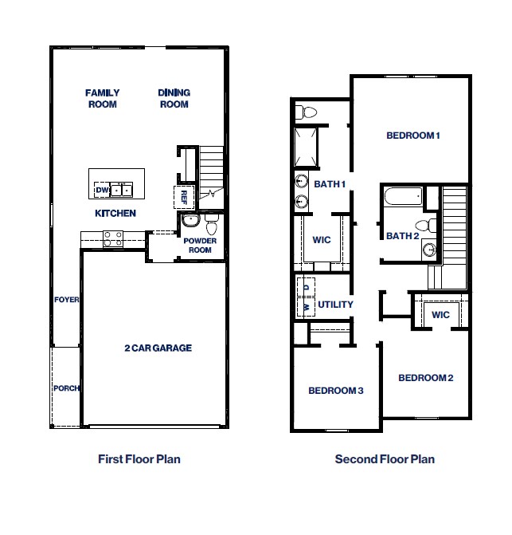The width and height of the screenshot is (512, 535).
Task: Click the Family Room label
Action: point(101,99)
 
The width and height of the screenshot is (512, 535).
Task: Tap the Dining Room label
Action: point(174,99)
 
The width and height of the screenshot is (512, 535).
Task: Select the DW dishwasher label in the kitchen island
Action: point(101,190)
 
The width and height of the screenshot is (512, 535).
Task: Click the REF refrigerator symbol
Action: point(184,196)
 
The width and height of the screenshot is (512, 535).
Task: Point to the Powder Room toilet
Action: point(211,218)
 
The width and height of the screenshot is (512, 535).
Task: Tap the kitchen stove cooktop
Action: point(113,237)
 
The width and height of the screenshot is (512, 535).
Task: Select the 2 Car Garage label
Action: point(158,348)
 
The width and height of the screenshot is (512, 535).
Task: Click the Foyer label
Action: point(66,300)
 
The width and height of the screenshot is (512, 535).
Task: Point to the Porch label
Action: point(66,388)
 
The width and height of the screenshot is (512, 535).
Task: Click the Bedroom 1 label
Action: point(413,136)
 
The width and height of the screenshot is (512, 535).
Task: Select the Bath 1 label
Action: point(329,184)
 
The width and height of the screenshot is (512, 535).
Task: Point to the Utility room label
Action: point(335,305)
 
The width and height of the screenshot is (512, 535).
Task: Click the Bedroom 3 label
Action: point(335,391)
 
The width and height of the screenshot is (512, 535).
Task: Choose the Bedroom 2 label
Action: point(425,377)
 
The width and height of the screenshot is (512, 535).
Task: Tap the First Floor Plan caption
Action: point(139,459)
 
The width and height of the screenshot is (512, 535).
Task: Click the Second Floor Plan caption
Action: point(385,459)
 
